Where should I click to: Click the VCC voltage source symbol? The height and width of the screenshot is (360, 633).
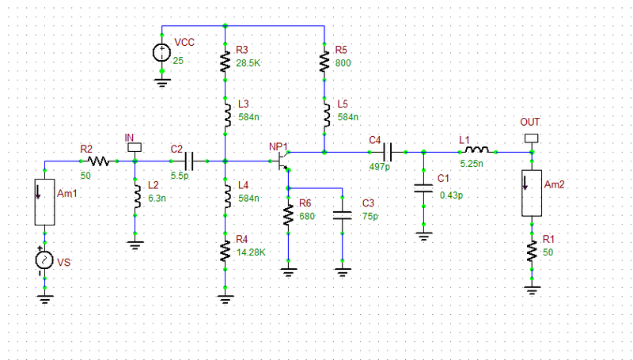[161, 53]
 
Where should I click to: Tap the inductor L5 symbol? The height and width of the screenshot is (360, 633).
[324, 116]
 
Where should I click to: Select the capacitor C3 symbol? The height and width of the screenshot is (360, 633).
[342, 215]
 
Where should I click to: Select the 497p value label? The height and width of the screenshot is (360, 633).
[380, 167]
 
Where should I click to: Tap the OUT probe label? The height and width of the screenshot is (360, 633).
[529, 122]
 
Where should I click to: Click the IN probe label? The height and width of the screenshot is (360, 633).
[131, 137]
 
